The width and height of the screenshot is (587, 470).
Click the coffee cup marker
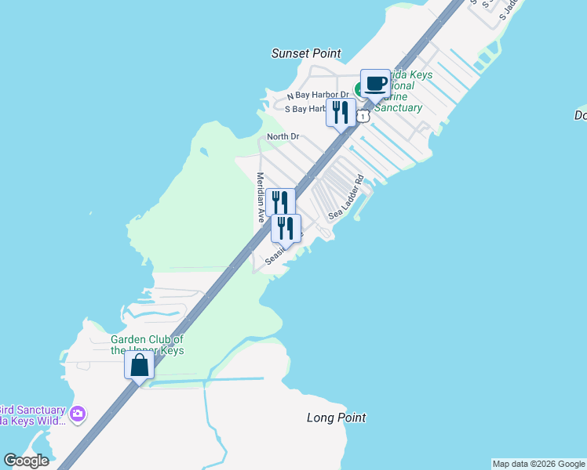click(x=375, y=84)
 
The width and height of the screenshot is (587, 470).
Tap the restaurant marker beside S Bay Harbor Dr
click(x=340, y=112)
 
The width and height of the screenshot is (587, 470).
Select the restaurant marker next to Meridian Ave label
click(x=280, y=202)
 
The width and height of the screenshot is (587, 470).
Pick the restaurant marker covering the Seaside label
click(x=286, y=229)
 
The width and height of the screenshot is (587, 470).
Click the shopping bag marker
click(x=139, y=365)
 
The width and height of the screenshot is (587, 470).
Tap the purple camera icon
click(x=77, y=414)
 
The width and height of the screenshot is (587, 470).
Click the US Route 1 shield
click(x=363, y=116)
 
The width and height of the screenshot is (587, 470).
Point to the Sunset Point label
click(x=306, y=53)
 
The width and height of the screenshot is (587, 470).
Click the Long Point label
click(x=336, y=418)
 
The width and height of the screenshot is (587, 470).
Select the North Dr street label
click(x=283, y=136)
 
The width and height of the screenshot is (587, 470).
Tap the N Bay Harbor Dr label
click(x=317, y=95)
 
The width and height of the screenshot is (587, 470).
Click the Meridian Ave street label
click(x=260, y=198)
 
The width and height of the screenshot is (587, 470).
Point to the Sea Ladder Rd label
click(x=347, y=196)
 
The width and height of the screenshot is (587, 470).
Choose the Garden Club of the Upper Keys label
click(x=147, y=345)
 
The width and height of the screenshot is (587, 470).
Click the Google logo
click(x=26, y=461)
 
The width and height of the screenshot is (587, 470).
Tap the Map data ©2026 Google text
click(x=538, y=464)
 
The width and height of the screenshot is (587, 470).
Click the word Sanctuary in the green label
click(x=398, y=107)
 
